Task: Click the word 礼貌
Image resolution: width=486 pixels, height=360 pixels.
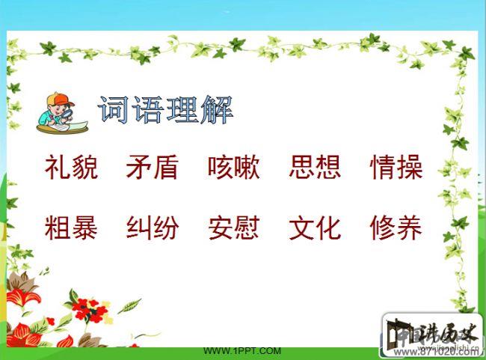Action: [71, 168]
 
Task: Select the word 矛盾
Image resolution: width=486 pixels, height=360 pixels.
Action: [153, 168]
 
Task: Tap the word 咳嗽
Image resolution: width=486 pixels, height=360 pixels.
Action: [234, 168]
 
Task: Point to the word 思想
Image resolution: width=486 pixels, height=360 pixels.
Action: [315, 168]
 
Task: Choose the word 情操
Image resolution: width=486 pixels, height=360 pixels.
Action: [396, 168]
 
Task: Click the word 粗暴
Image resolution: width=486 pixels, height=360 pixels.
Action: [71, 227]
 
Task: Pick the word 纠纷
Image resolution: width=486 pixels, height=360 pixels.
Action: [153, 227]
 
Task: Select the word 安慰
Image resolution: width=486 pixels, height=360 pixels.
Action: [234, 227]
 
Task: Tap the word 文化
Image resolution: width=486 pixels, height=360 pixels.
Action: [315, 227]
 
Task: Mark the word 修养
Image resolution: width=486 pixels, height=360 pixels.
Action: [396, 227]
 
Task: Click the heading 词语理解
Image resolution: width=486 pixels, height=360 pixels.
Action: [165, 111]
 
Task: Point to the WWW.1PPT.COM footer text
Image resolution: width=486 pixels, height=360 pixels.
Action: [242, 350]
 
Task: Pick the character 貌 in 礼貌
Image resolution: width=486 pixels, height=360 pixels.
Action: [84, 168]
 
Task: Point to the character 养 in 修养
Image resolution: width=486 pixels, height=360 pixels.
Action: [410, 227]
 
